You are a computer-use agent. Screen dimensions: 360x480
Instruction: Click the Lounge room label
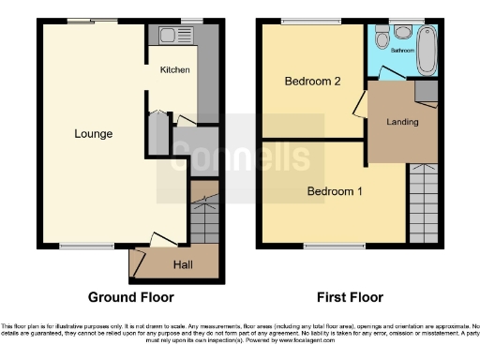click(94, 134)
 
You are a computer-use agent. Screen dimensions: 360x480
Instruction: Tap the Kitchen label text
click(175, 70)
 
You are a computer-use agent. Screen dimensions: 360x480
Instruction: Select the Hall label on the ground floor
click(184, 265)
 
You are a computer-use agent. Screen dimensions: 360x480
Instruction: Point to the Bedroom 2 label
click(311, 82)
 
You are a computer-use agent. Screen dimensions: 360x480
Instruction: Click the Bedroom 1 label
click(335, 192)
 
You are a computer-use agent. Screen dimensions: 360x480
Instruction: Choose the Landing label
click(402, 122)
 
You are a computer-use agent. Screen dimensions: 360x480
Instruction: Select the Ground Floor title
click(131, 298)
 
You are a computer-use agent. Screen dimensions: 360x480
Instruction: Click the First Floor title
click(351, 298)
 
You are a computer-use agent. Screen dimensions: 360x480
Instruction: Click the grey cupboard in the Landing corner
click(426, 91)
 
